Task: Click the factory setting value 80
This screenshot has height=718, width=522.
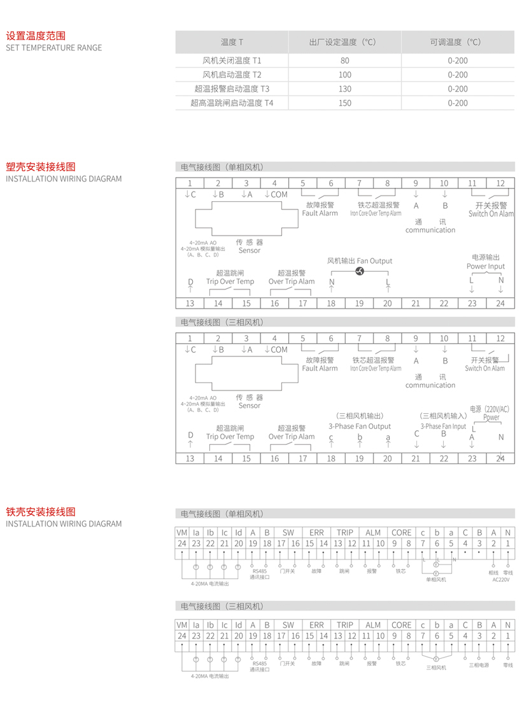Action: [345, 61]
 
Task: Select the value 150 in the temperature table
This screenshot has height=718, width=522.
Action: [345, 102]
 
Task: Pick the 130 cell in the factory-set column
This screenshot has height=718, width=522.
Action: [345, 88]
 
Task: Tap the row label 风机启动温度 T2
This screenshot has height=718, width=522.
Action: [232, 74]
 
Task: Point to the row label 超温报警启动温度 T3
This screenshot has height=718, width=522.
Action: [232, 88]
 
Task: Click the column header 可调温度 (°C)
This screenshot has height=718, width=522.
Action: [458, 42]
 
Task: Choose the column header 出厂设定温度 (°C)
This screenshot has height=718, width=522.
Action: [345, 42]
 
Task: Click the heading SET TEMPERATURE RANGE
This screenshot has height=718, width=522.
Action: [53, 48]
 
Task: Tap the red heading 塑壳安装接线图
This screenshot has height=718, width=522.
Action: [40, 167]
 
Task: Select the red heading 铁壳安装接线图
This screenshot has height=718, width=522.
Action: [40, 512]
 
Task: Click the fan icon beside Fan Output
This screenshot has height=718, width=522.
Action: [359, 271]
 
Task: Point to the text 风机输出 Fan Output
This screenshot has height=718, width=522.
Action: [360, 261]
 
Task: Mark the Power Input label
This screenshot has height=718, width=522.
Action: [486, 267]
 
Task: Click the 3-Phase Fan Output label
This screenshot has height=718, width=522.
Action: [360, 426]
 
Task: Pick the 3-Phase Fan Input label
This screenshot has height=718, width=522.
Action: [444, 426]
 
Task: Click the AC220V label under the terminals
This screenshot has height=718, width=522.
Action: [501, 580]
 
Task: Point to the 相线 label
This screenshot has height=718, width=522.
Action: [494, 572]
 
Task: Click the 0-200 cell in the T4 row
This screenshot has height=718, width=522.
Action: [458, 102]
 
